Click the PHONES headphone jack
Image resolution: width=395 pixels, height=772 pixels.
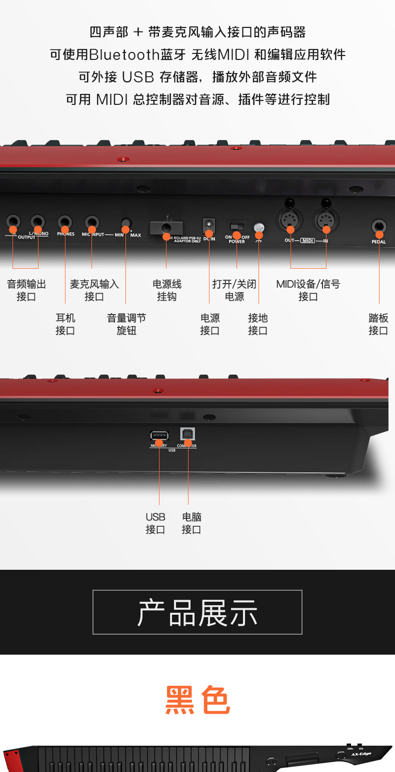(x=65, y=222)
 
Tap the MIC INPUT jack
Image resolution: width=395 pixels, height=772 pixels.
(x=91, y=222)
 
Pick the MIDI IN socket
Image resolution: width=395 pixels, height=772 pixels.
(x=326, y=220)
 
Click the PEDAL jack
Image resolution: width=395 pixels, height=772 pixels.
(x=379, y=227)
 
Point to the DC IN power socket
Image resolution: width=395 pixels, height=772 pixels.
(x=209, y=225)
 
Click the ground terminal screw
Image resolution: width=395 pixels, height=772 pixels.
(x=259, y=228)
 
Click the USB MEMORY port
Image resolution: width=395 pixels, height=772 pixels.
(x=159, y=435)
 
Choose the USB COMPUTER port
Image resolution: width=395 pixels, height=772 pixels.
(x=187, y=434)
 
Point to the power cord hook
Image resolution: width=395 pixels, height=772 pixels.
(x=166, y=228)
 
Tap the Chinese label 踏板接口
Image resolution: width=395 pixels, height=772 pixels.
(x=378, y=325)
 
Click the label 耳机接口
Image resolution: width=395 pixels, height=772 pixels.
(x=65, y=325)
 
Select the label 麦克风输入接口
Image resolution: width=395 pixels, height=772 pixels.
(x=94, y=290)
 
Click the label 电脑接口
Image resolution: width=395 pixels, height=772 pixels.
(x=191, y=523)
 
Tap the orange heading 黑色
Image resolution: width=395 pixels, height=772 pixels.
(x=197, y=701)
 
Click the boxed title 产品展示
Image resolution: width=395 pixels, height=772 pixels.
(x=197, y=612)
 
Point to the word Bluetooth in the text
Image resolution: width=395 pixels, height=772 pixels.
(x=124, y=54)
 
